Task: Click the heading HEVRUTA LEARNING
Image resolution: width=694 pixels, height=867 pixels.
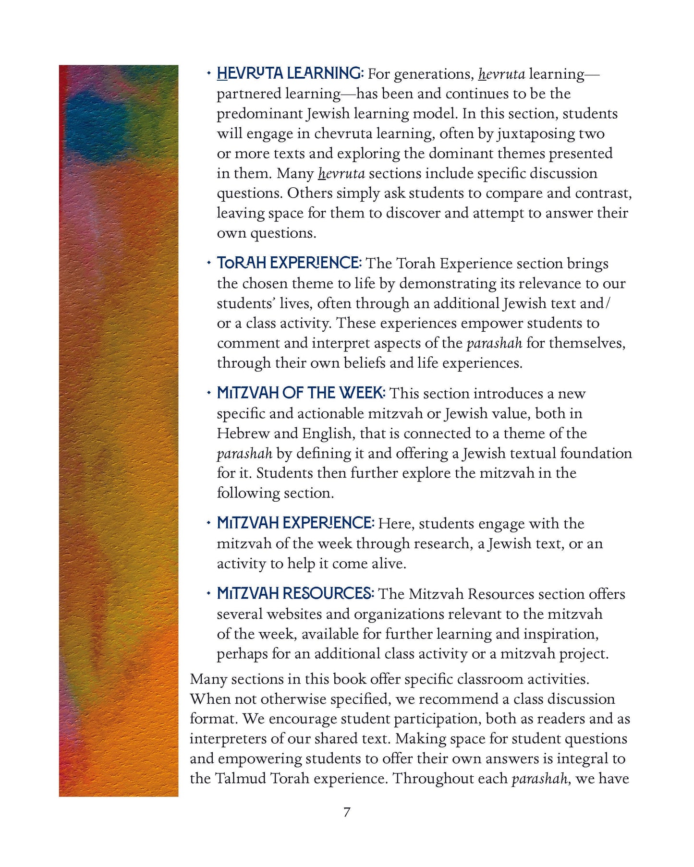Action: point(290,73)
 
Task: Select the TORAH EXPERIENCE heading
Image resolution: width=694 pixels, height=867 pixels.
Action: point(288,263)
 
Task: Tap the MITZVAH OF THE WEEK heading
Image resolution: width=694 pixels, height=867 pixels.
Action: point(301,393)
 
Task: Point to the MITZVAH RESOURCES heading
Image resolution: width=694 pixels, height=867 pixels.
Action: point(295,593)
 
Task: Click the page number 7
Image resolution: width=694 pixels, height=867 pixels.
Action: point(347,812)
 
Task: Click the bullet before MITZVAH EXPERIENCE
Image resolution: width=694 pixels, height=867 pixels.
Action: point(208,523)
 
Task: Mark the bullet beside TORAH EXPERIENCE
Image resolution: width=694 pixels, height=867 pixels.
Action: point(208,263)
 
